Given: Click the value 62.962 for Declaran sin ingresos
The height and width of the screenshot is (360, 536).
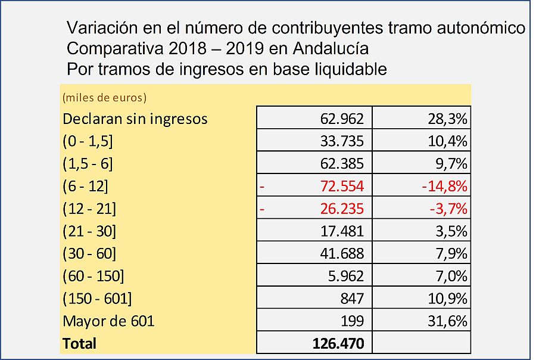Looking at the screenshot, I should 338,119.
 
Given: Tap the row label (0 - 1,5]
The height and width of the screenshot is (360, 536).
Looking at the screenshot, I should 88,141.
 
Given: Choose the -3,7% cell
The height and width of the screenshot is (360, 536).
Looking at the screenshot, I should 445,209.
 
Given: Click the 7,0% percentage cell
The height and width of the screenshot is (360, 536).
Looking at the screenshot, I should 450,277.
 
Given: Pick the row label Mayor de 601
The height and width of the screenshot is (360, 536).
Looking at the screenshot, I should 108,321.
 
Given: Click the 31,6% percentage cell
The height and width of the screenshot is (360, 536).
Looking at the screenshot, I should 447,321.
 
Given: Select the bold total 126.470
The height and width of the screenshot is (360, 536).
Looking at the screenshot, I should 338,343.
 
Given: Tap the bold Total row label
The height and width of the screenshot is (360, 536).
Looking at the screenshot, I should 79,343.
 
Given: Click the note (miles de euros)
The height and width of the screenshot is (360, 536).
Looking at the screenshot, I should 104,97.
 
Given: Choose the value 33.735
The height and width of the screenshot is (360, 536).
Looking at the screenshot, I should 338,141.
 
